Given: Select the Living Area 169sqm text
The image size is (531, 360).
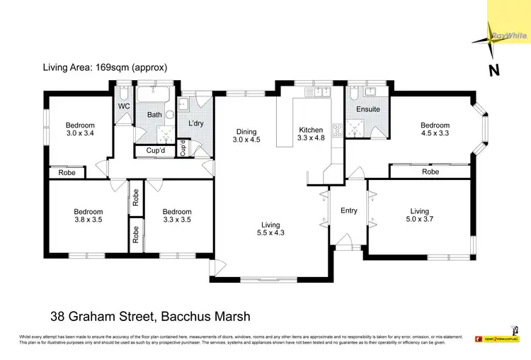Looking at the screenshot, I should pyautogui.click(x=105, y=68).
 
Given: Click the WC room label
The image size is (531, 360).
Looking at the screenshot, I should pyautogui.click(x=124, y=106).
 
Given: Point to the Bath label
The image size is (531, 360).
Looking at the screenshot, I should pyautogui.click(x=154, y=115).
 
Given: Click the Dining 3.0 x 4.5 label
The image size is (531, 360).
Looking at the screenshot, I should pyautogui.click(x=247, y=135).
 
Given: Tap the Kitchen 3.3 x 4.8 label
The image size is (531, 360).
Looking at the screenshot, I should pyautogui.click(x=311, y=135).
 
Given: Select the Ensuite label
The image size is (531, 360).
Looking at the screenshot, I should pyautogui.click(x=368, y=109).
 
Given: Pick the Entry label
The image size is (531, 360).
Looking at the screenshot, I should pyautogui.click(x=348, y=210).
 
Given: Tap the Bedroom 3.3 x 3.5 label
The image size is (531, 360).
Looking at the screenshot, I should pyautogui.click(x=177, y=215).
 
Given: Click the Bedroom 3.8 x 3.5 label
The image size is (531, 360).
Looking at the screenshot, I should pyautogui.click(x=88, y=215).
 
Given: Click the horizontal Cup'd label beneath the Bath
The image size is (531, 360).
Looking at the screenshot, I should pyautogui.click(x=156, y=150).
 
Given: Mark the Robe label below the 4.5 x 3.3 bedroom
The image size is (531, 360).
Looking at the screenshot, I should pyautogui.click(x=430, y=171).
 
